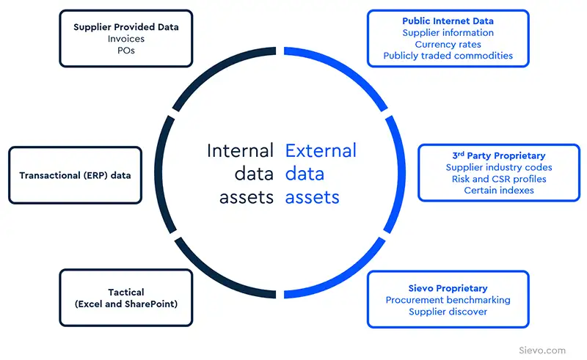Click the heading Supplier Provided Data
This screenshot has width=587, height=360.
tap(125, 27)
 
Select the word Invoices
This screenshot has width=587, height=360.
tap(125, 39)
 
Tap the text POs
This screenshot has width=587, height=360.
tap(125, 51)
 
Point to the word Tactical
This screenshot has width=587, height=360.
tap(125, 292)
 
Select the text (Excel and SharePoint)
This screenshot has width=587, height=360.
tap(125, 304)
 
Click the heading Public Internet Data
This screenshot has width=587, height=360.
tap(448, 21)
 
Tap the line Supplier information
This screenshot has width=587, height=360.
tap(448, 33)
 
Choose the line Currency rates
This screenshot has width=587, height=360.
tap(448, 44)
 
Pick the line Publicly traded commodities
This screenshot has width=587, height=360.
tap(448, 56)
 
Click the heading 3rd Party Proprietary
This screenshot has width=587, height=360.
tap(499, 156)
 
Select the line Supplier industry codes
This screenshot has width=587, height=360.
tap(499, 168)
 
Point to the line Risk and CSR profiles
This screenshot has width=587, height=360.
tap(499, 179)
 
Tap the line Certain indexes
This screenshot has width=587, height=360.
tap(499, 191)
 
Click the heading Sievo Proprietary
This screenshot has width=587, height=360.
tap(448, 288)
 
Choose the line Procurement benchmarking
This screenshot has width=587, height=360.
tap(448, 300)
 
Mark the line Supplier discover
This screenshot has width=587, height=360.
tap(448, 312)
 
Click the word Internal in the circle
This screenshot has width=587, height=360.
tap(240, 151)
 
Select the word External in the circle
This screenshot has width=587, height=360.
tap(321, 151)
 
